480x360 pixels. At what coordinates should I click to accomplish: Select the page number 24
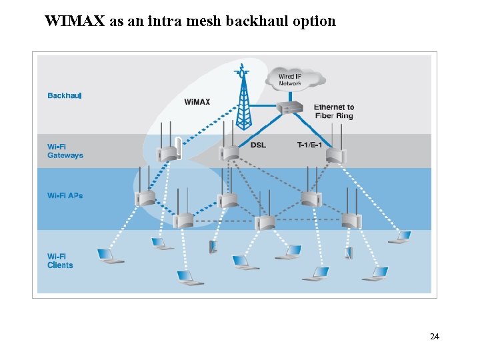coord(434,337)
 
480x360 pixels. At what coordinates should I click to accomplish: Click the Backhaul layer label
coord(64,95)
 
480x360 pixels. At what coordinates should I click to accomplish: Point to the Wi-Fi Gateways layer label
coord(65,151)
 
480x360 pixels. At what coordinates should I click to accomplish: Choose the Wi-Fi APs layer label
coord(65,195)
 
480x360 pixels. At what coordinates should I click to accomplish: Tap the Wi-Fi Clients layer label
coord(60,261)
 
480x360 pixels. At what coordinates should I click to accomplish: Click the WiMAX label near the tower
coord(197,102)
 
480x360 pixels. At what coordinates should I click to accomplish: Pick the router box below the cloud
coord(289,108)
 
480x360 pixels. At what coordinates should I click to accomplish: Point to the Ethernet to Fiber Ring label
coord(333,111)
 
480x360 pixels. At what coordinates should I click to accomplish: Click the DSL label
coord(258,145)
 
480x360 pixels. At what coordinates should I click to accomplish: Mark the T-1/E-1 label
coord(309,145)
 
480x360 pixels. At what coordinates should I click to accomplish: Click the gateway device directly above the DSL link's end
coord(230,152)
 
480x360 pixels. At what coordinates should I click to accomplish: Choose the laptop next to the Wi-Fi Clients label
coord(109,256)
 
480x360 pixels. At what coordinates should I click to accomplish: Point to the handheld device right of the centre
coord(348,253)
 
